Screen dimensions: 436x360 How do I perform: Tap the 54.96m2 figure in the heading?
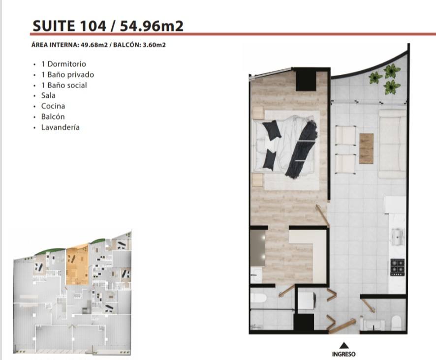coord(152,26)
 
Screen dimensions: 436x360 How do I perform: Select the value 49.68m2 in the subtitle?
coord(94,45)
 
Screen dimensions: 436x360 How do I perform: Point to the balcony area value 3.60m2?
coord(154,45)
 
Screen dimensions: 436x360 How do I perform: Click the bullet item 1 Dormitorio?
coord(63,64)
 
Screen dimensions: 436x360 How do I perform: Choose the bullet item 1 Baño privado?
coord(67,74)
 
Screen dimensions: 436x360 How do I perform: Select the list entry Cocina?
coord(53,106)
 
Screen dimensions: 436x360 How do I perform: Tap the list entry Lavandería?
coord(61,127)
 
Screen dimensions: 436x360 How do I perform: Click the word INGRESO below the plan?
coord(343,354)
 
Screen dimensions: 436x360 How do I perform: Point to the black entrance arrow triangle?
coord(344,345)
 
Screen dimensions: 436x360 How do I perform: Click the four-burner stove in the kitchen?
coord(398,267)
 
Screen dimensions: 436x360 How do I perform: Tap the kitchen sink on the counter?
coord(398,237)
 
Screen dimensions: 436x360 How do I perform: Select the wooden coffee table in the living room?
coord(366,149)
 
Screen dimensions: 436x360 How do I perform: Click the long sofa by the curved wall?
coord(392,144)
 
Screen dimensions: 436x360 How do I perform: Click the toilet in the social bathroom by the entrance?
coord(396,323)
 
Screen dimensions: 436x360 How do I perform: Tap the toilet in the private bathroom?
coord(258,298)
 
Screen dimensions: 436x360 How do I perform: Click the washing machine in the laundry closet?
coord(307,301)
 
